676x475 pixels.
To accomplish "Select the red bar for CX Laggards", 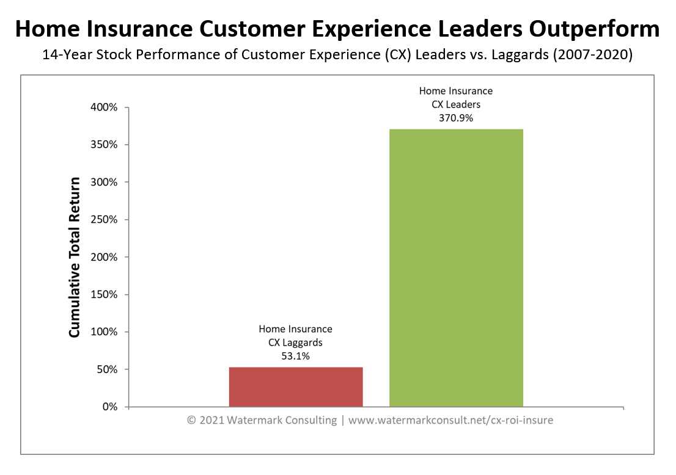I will (x=296, y=386).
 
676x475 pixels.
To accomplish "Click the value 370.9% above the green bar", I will (x=455, y=118).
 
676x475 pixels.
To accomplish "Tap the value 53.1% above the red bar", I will (x=295, y=357).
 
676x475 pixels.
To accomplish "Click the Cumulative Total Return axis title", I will (x=74, y=257).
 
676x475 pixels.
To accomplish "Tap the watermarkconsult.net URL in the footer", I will (x=450, y=420).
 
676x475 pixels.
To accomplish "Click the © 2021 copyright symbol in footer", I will (x=191, y=420).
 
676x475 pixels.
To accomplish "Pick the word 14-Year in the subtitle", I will (x=62, y=55).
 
